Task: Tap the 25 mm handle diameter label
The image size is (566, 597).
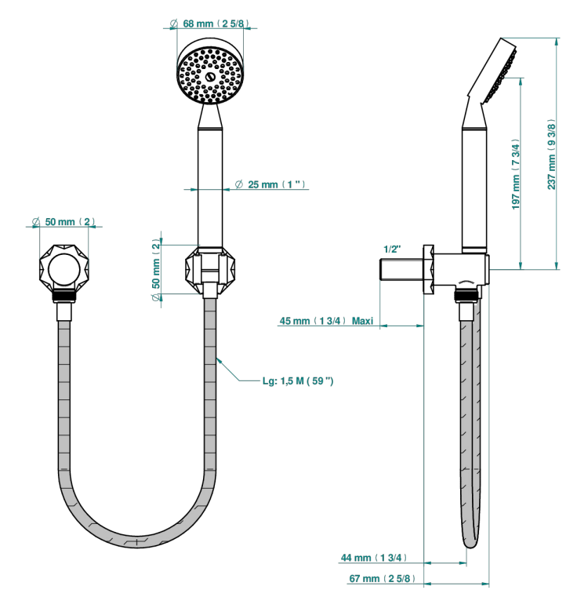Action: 270,184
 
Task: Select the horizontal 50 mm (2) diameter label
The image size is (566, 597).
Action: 63,221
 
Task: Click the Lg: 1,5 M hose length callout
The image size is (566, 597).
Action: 298,380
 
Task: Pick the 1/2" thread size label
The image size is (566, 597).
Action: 392,249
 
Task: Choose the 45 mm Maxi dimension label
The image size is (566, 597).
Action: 326,321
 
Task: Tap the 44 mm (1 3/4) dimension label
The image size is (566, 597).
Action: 374,558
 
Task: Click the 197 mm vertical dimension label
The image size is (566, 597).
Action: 515,174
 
